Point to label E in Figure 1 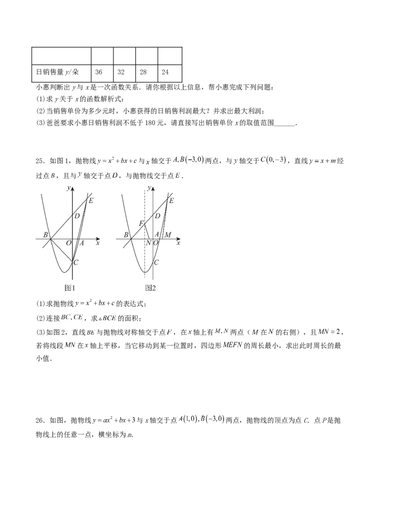point(91,200)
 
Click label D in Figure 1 point(77,216)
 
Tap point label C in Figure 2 point(156,262)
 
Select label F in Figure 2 point(141,223)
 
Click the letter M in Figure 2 point(168,235)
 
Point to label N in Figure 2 point(148,243)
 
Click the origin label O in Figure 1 point(68,243)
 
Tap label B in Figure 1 point(46,235)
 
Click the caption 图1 point(70,288)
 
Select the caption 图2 point(151,288)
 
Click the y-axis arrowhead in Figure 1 point(72,189)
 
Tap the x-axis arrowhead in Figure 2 point(178,239)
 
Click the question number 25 point(40,161)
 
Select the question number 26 point(40,420)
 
